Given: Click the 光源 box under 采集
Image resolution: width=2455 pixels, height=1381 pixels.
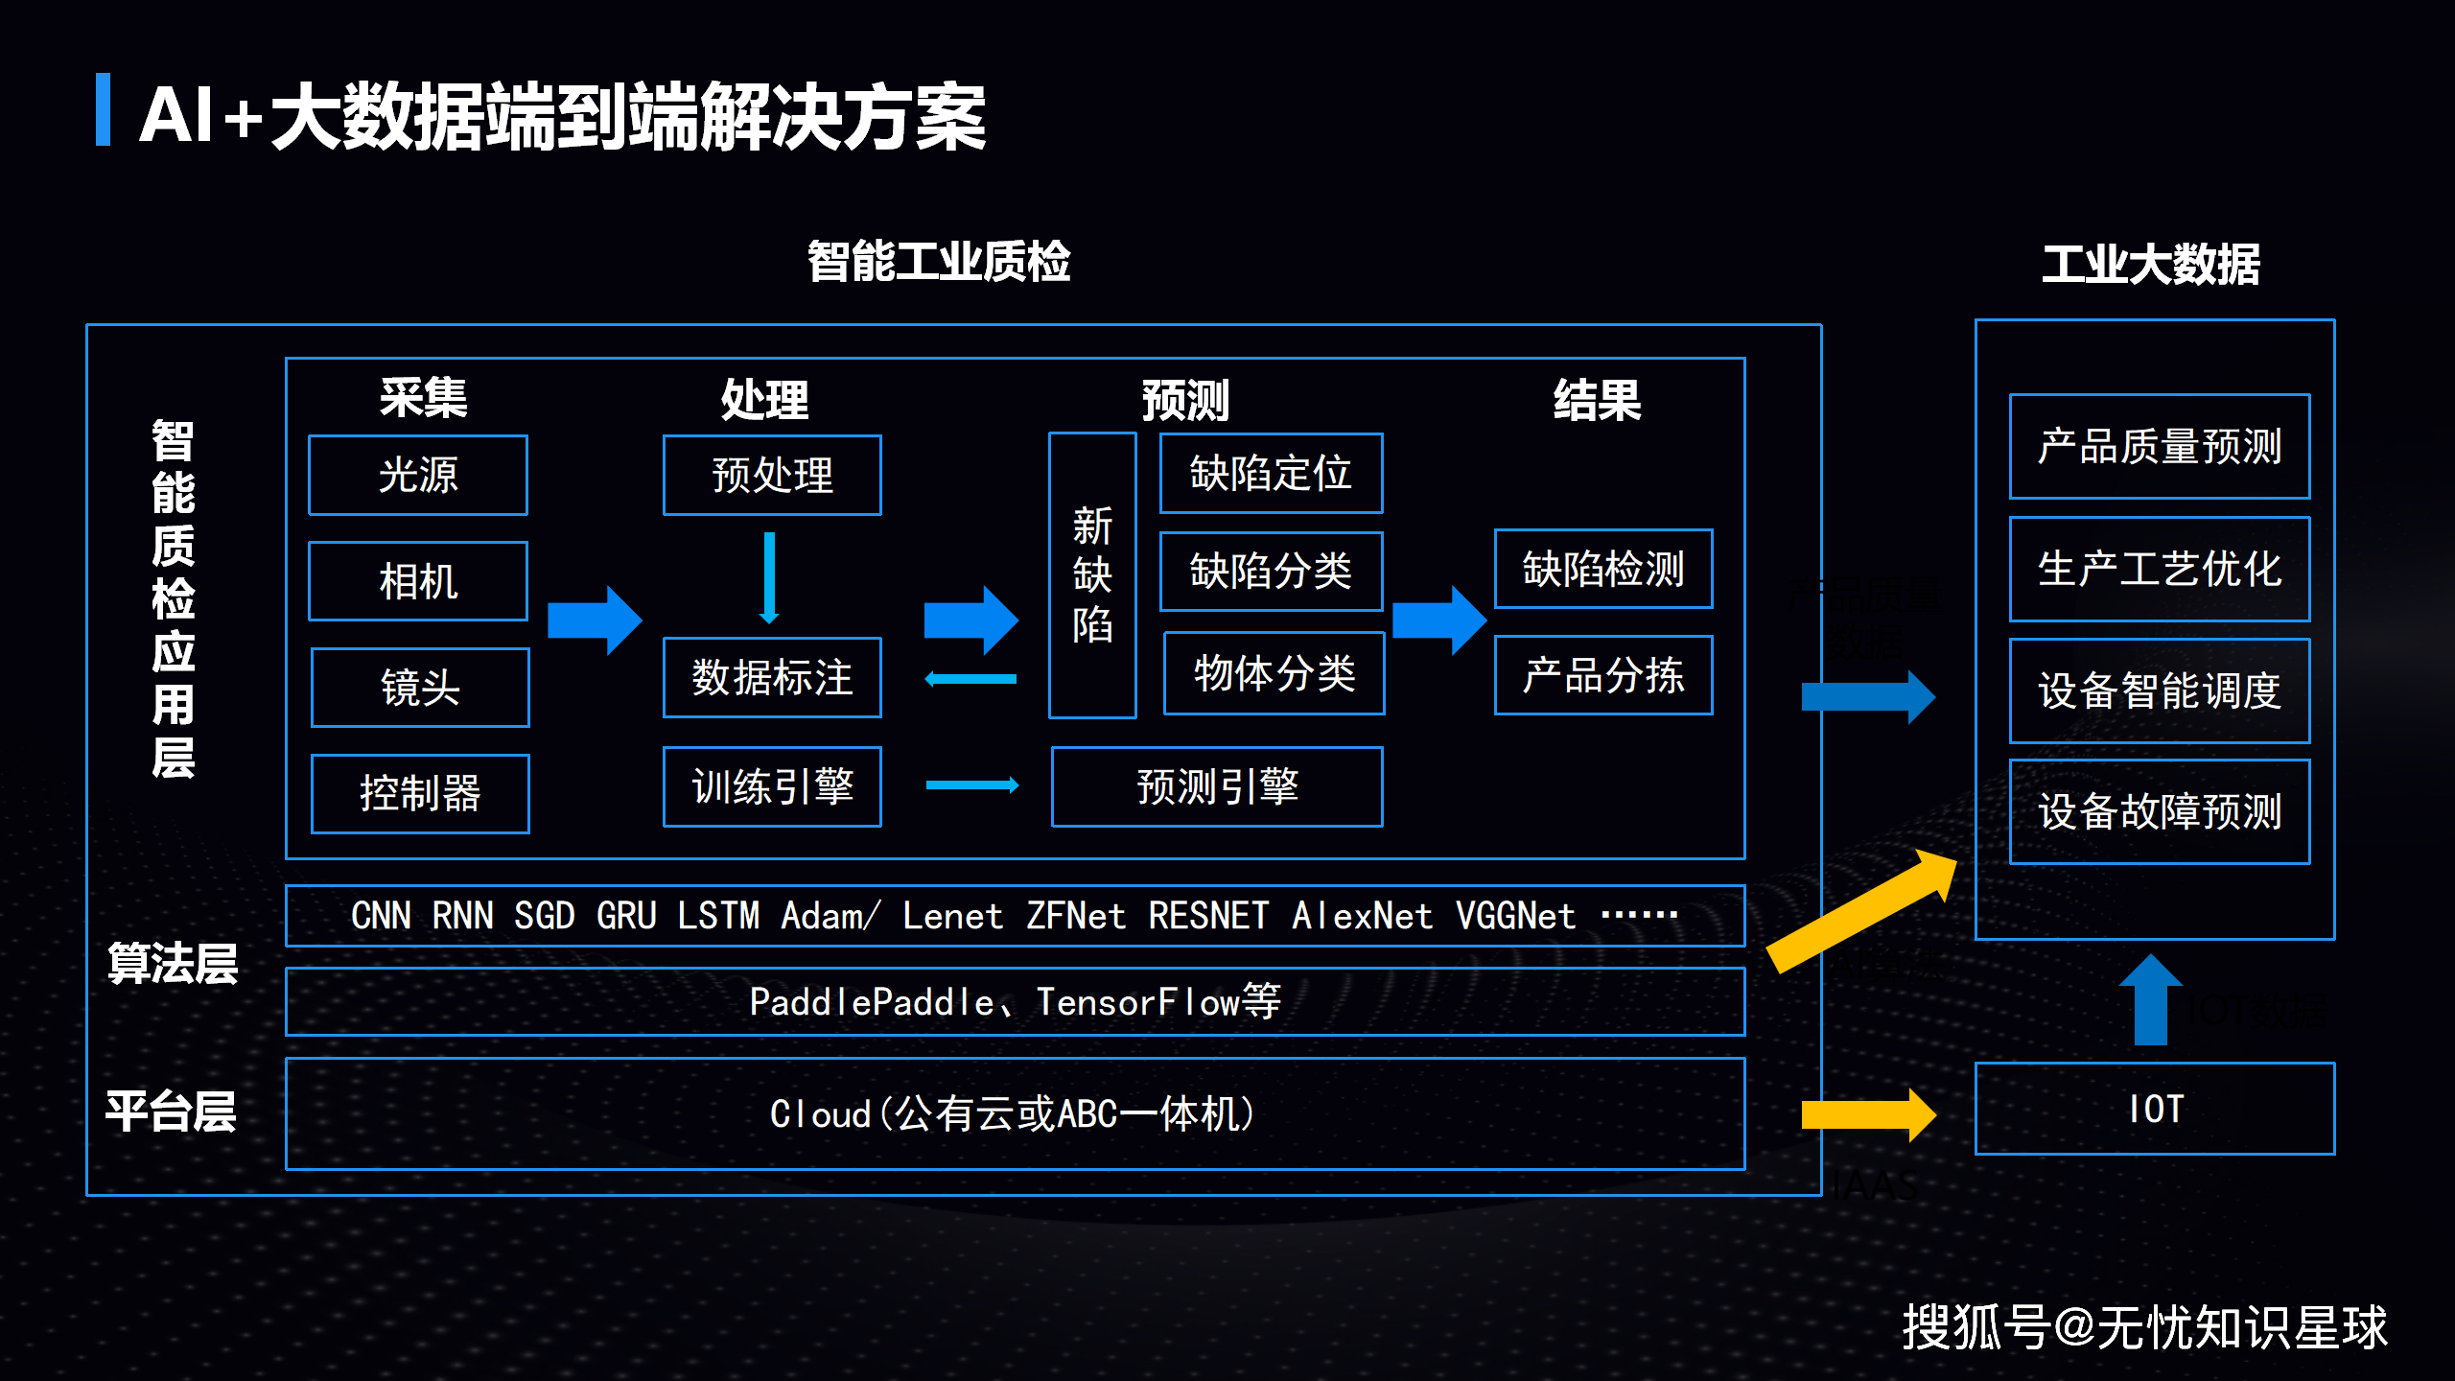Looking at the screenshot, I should point(417,475).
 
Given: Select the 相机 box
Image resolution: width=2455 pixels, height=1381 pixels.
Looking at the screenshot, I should point(417,581).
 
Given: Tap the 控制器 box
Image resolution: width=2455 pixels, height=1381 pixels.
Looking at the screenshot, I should point(420,793).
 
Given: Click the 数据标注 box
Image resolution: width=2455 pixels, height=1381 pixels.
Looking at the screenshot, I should point(772,677).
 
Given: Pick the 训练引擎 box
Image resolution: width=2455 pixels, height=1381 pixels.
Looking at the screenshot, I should point(772,786).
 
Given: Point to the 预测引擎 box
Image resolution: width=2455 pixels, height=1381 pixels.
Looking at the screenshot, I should point(1216,786).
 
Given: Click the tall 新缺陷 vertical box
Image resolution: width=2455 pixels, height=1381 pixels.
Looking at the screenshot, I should point(1092,575).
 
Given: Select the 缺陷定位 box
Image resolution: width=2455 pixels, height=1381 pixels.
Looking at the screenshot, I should point(1271,473).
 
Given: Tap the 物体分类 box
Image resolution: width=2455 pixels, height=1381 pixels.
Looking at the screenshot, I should point(1274,673).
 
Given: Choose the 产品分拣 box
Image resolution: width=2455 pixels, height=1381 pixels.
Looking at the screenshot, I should point(1603,675).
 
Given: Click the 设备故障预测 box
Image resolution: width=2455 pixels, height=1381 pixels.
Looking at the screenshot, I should point(2160,811).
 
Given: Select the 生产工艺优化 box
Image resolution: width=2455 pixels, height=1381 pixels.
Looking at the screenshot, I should point(2160,569).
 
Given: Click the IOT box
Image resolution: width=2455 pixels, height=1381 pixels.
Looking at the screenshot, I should point(2155,1109).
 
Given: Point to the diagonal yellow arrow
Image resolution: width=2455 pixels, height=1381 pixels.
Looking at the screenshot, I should point(1860,911).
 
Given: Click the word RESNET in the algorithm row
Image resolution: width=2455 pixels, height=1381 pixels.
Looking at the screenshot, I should point(1208,916).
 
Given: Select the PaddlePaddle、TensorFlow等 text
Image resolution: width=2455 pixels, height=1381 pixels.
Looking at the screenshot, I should point(1015,1002).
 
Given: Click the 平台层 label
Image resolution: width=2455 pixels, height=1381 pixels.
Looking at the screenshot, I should point(171,1112).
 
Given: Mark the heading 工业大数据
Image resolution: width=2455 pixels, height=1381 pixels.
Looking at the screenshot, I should point(2150,264).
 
